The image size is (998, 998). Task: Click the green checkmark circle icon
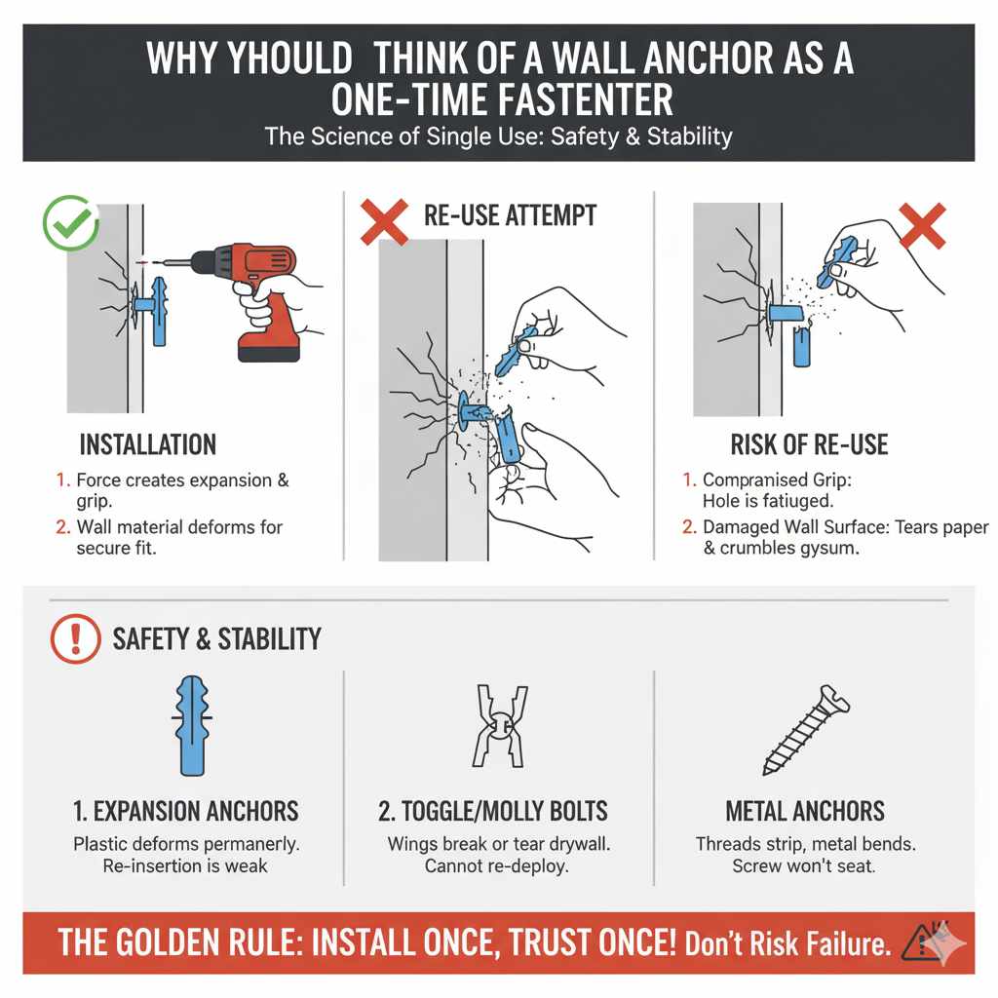(x=71, y=224)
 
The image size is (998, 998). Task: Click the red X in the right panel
(x=921, y=226)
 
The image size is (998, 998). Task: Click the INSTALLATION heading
(x=147, y=445)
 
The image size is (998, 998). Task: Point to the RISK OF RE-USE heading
(x=809, y=445)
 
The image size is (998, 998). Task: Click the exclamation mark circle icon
(x=75, y=639)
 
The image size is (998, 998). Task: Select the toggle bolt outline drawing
(x=498, y=725)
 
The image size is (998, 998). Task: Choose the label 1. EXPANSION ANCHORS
(x=185, y=811)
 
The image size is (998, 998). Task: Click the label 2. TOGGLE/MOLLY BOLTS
(x=492, y=811)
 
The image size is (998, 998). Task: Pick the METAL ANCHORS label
(x=805, y=811)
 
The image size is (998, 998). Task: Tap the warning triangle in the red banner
(x=923, y=942)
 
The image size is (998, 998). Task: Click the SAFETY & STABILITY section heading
(x=216, y=639)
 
